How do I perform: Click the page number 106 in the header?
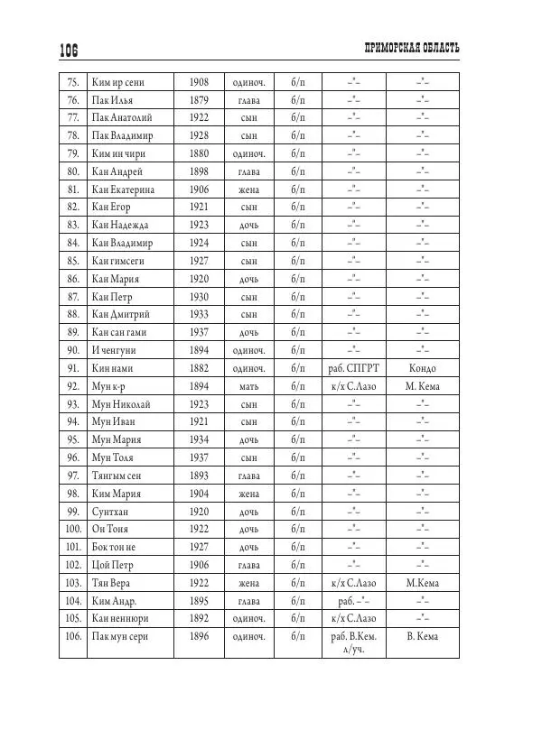click(70, 51)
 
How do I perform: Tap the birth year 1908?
click(199, 82)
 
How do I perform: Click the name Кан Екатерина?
click(123, 189)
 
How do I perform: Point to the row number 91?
click(73, 368)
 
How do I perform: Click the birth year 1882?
click(199, 368)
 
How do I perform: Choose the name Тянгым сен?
click(117, 476)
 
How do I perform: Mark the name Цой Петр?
click(113, 565)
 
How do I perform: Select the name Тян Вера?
click(112, 582)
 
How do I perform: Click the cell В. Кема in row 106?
click(422, 637)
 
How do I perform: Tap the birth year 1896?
click(199, 637)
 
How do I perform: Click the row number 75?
click(73, 82)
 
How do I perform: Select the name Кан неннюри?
click(120, 618)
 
